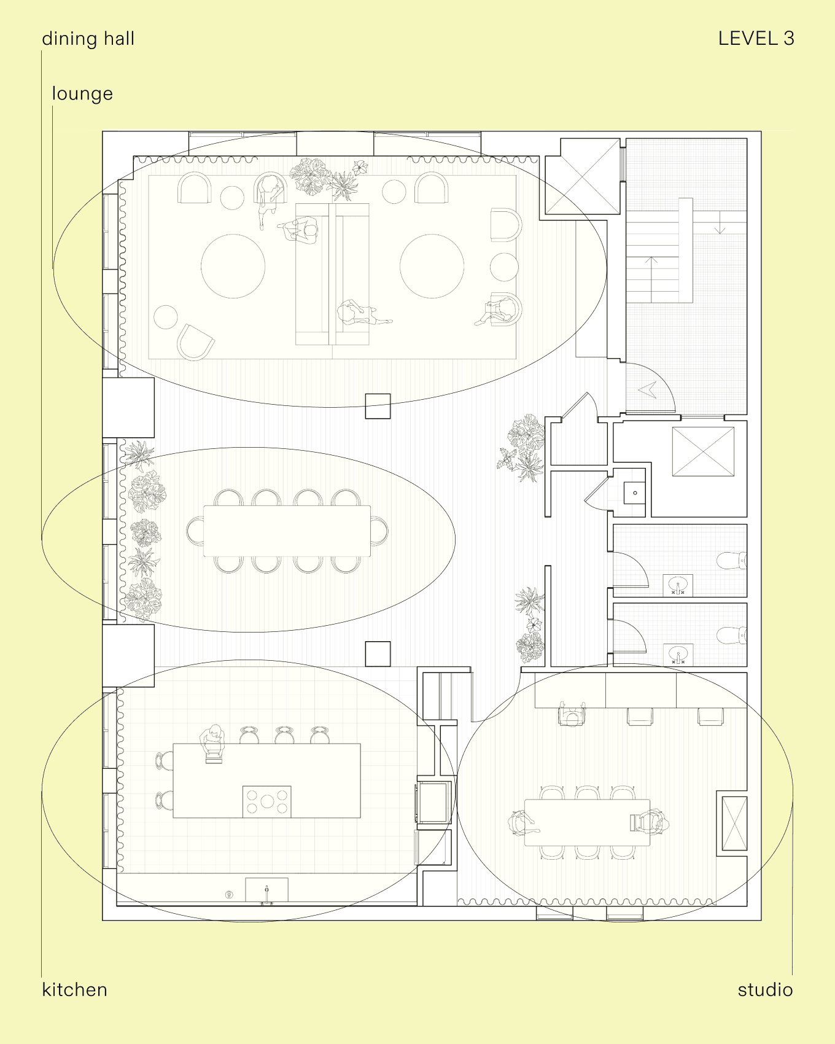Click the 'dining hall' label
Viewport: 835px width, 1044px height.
88,39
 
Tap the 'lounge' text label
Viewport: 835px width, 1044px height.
82,94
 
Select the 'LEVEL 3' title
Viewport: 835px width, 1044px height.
756,39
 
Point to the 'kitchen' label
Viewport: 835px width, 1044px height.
74,989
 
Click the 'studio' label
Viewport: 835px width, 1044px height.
765,989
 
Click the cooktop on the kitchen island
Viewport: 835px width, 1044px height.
267,801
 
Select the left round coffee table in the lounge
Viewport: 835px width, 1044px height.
233,266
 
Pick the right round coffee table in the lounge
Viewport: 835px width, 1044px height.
432,266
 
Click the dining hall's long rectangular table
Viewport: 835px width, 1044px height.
287,531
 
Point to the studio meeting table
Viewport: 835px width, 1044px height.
587,822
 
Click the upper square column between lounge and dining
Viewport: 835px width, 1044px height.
378,406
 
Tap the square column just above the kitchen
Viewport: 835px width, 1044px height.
378,654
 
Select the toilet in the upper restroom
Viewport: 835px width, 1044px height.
732,561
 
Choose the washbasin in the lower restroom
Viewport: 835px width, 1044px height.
678,653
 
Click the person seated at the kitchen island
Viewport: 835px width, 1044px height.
212,742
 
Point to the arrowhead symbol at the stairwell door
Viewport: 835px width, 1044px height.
648,389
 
